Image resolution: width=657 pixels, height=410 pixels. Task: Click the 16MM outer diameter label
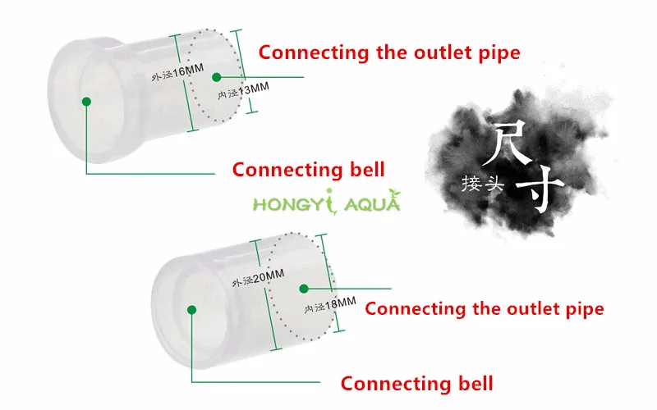pos(177,72)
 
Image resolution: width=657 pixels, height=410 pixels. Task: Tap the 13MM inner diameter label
pos(243,91)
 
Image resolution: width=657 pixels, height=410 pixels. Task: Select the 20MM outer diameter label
pos(258,278)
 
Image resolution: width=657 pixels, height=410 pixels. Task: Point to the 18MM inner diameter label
pos(330,304)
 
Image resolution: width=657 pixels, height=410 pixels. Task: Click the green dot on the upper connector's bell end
pos(87,101)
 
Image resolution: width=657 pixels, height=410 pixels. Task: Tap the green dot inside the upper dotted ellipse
pos(217,77)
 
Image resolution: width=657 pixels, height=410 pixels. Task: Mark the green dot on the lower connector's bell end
pos(192,310)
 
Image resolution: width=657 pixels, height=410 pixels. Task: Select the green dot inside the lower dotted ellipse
pos(304,289)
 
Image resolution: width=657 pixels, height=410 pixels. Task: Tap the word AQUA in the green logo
pos(372,203)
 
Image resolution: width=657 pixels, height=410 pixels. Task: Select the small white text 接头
pos(482,183)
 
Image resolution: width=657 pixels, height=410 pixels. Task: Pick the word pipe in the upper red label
pos(500,53)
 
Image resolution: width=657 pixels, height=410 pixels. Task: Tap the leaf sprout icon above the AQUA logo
pos(394,194)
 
